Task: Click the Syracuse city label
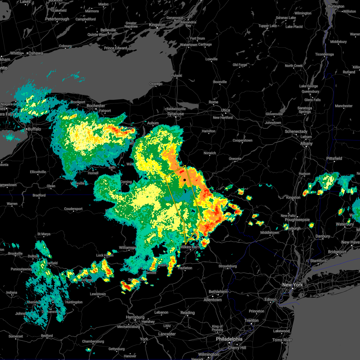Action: tap(175, 114)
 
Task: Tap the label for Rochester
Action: tap(96, 106)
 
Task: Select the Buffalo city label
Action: tap(34, 129)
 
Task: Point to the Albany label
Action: tap(306, 144)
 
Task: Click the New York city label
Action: tap(292, 285)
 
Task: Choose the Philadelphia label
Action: tap(229, 339)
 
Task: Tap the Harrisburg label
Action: tap(135, 317)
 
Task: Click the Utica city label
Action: tap(225, 110)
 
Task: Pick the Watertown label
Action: tap(188, 45)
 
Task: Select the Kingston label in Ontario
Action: tap(157, 25)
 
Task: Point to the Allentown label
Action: tap(212, 300)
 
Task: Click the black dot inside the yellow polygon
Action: tap(185, 180)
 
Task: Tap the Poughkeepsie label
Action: tap(297, 220)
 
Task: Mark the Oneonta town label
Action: tap(235, 159)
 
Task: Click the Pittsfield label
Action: tap(334, 158)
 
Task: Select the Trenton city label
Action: tap(251, 320)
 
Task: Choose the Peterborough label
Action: tap(57, 19)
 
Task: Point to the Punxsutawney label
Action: tap(21, 269)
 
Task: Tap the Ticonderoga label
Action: tap(324, 54)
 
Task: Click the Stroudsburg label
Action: tap(227, 266)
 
